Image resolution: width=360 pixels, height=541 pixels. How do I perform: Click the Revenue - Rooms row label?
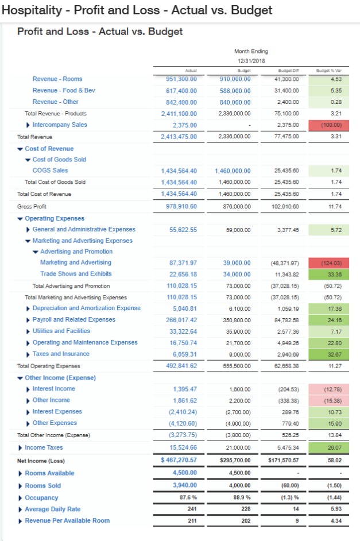(x=57, y=79)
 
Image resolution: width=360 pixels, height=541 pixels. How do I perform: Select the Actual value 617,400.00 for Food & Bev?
(x=181, y=91)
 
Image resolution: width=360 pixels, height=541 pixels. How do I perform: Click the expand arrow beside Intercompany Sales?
(x=29, y=125)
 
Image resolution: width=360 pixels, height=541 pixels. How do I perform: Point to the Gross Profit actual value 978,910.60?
(x=181, y=206)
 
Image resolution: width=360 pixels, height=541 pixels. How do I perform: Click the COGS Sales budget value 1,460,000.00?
(x=233, y=171)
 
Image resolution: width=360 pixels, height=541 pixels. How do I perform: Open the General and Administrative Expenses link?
(x=84, y=230)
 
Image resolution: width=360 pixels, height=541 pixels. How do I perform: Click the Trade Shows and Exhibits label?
(x=76, y=274)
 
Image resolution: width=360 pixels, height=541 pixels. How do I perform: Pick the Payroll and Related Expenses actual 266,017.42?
(x=181, y=320)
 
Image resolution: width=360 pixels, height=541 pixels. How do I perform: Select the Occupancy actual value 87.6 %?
(x=185, y=498)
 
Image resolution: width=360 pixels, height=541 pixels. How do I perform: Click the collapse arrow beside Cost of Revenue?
(x=21, y=149)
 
